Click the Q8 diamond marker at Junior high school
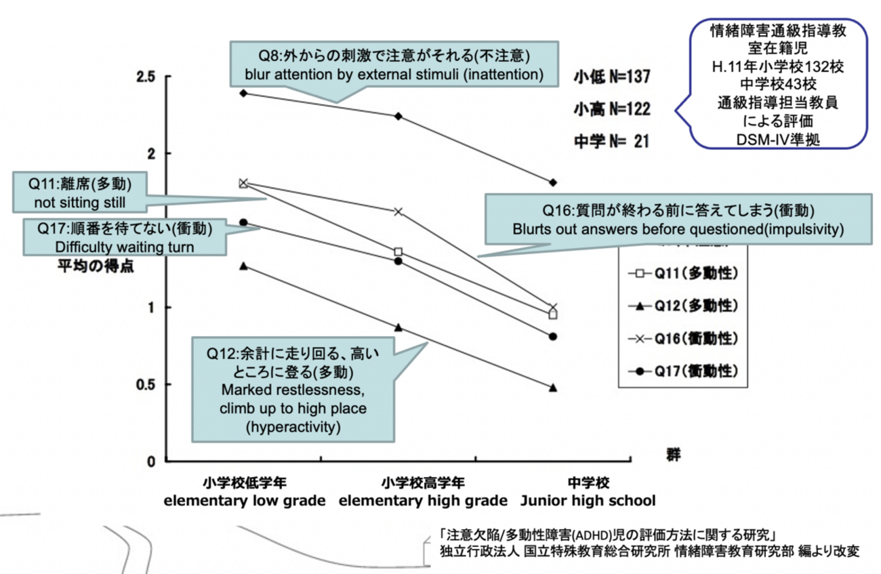pos(553,182)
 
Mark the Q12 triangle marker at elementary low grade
pos(243,266)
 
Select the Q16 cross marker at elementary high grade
pos(398,211)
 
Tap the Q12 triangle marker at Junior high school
pos(553,388)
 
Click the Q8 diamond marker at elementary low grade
pos(243,92)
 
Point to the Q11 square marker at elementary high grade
pos(398,251)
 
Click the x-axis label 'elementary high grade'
pos(423,501)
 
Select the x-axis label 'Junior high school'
pos(588,501)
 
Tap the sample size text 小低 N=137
pos(612,75)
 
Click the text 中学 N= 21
pos(612,141)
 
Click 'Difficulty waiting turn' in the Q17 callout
pos(125,247)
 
